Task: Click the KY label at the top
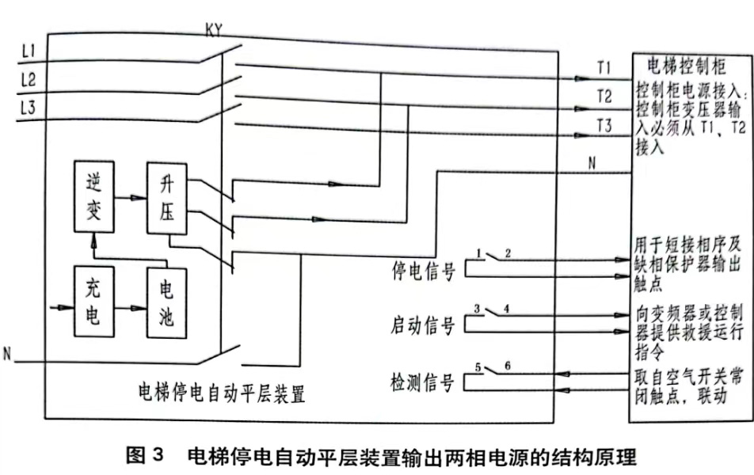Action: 214,31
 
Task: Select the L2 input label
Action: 29,80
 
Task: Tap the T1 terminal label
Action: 604,67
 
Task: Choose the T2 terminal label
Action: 604,97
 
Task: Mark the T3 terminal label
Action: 604,124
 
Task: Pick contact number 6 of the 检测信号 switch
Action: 508,366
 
